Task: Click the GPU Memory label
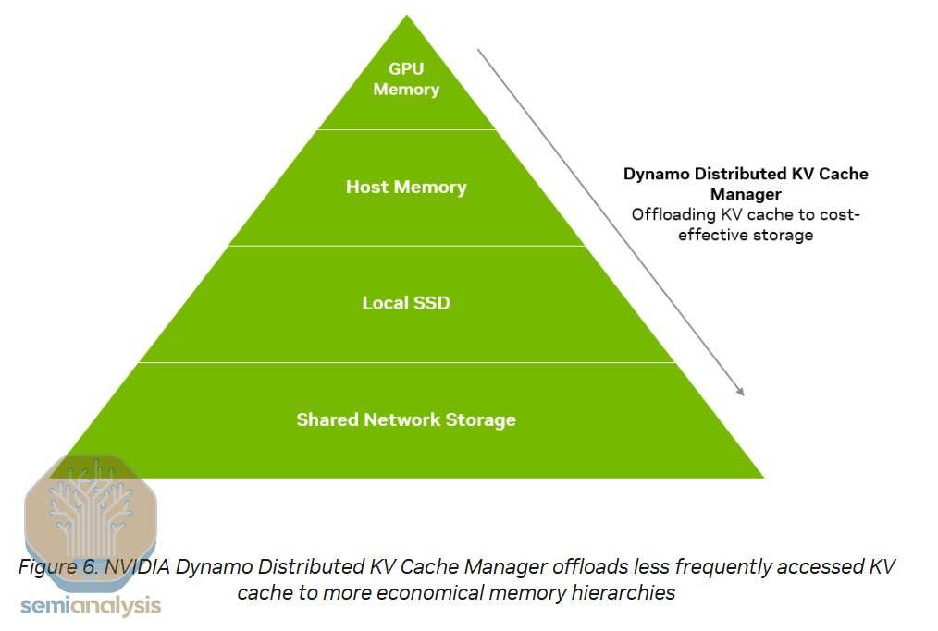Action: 406,79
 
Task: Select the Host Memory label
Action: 406,187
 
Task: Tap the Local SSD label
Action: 406,302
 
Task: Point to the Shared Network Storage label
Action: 406,419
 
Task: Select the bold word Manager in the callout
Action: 746,194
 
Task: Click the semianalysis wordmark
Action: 91,606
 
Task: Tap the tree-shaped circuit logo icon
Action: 90,506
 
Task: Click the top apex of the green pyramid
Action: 406,16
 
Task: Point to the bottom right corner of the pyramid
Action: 762,477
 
